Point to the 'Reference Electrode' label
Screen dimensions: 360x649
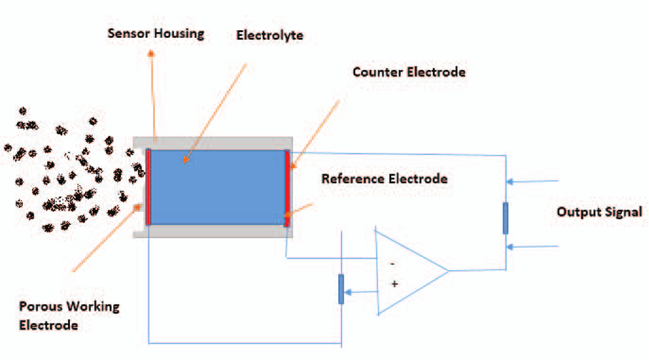pos(385,179)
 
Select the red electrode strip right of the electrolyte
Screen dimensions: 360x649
pos(287,189)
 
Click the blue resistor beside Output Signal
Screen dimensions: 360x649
pos(505,218)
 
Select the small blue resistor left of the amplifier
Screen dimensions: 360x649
pos(341,289)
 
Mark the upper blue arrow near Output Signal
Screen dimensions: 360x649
pos(533,181)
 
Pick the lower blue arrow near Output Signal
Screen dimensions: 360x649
pos(533,247)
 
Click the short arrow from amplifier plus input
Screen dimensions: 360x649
pos(362,291)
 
